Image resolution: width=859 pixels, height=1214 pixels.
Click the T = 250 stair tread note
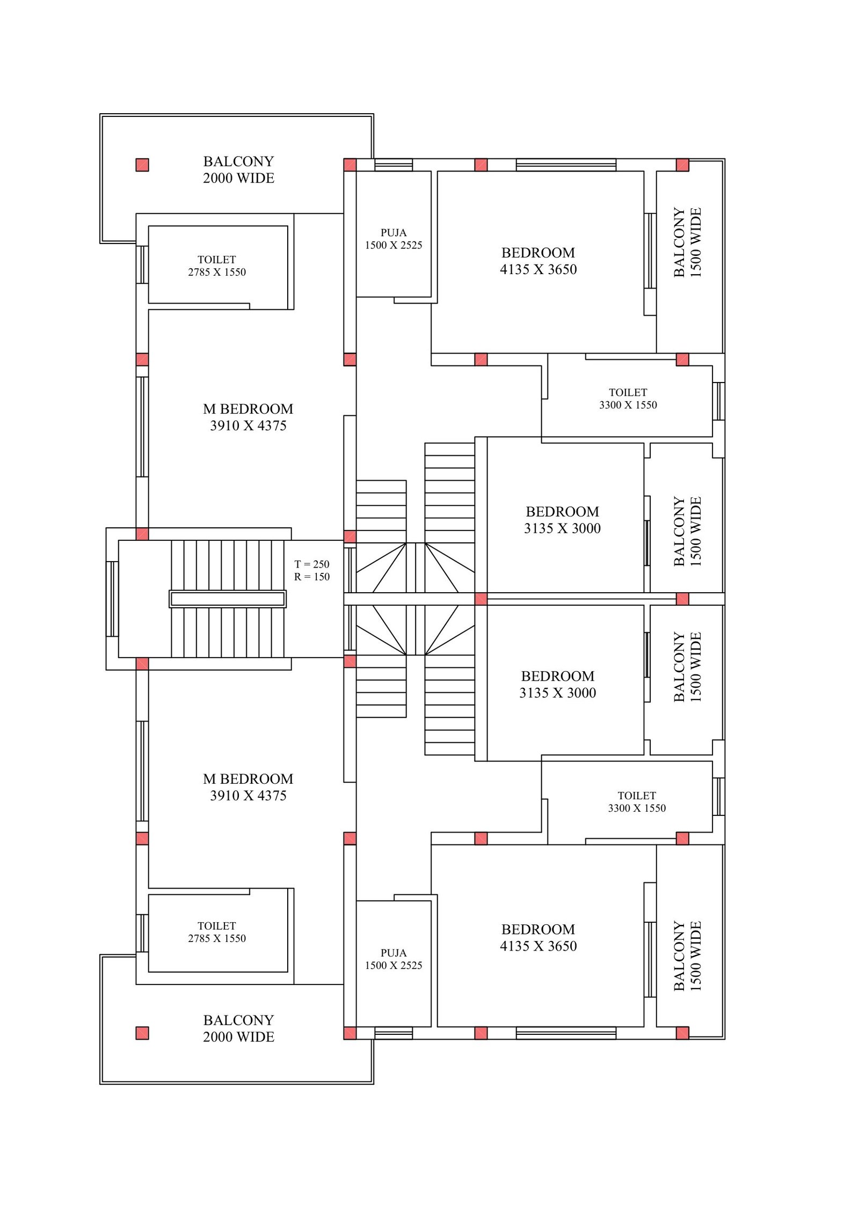click(311, 564)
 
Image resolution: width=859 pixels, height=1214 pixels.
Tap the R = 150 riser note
click(311, 577)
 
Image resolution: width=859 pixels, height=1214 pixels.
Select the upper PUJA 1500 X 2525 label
click(394, 239)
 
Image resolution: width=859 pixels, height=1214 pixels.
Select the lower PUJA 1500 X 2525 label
click(394, 959)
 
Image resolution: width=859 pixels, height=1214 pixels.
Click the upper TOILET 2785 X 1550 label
click(217, 266)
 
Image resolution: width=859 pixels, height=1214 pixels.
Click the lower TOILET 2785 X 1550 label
click(217, 932)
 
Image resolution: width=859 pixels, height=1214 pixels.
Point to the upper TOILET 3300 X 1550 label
click(628, 399)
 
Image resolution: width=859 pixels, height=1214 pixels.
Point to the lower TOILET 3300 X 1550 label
click(637, 801)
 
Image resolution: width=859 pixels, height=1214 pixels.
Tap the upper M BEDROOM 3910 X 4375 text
click(248, 417)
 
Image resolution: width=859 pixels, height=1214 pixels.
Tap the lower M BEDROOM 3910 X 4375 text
click(248, 787)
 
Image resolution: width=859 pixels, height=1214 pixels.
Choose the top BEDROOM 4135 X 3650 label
click(538, 261)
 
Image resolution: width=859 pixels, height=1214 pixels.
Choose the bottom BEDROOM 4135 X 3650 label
click(538, 937)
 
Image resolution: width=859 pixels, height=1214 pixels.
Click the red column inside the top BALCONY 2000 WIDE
click(142, 165)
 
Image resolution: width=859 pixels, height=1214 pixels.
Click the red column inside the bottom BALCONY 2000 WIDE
click(142, 1033)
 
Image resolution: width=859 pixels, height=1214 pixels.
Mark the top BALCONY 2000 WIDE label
click(238, 170)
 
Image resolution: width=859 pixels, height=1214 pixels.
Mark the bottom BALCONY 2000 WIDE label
click(238, 1028)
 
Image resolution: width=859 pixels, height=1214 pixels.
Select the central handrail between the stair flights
click(228, 599)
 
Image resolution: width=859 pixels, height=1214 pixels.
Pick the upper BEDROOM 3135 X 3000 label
click(562, 520)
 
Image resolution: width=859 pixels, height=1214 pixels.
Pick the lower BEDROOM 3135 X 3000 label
click(557, 684)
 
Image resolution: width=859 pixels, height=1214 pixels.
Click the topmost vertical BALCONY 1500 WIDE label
click(688, 242)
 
